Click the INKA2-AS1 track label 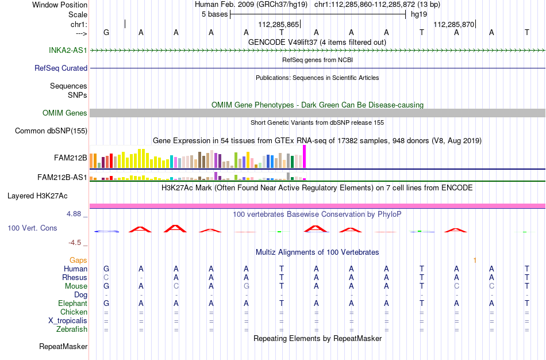[68, 50]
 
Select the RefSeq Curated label [61, 68]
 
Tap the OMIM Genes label [65, 113]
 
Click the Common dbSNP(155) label [51, 131]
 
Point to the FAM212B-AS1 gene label [62, 177]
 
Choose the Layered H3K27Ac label [37, 196]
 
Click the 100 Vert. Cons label [32, 228]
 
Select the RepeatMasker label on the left [63, 346]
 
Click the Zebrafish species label [72, 329]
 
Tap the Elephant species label [73, 303]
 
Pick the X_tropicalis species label [68, 321]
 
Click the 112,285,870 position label [453, 24]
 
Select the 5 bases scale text [214, 14]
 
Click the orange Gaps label [78, 261]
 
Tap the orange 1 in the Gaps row [475, 261]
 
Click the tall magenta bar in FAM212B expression [305, 157]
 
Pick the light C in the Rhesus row [106, 277]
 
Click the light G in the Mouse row [246, 286]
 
